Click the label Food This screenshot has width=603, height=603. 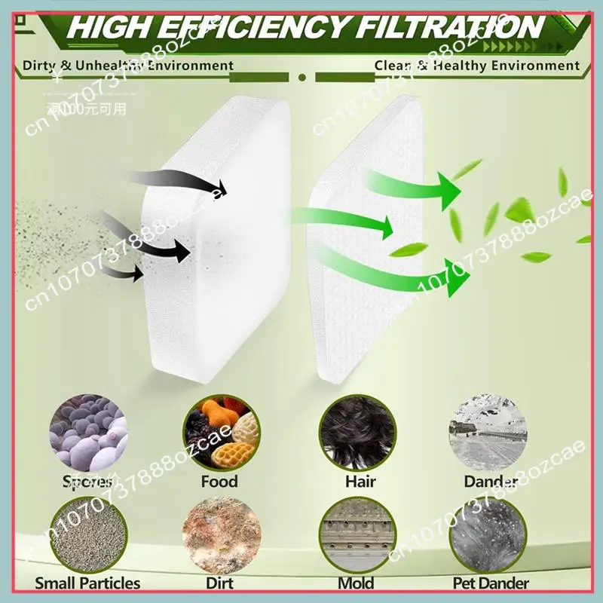[x=219, y=481]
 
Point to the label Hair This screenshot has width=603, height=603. [x=360, y=481]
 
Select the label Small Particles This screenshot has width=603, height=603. [x=87, y=583]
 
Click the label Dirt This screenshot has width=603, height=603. [x=219, y=583]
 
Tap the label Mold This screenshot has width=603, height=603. [x=357, y=583]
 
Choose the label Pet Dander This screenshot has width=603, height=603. [x=491, y=583]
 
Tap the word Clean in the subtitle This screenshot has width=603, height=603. [x=392, y=66]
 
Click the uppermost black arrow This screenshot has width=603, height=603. [x=177, y=181]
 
